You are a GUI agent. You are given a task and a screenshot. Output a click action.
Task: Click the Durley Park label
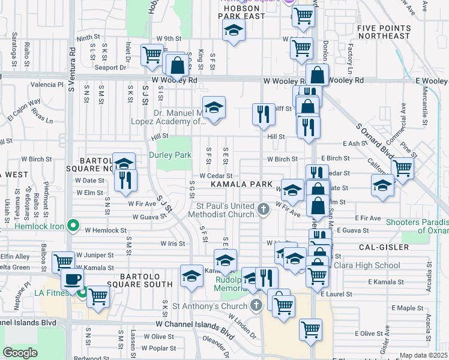point(170,155)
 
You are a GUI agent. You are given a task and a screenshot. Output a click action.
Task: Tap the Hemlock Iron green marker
point(73,226)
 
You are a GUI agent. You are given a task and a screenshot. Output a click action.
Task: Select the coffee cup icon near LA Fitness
point(72,279)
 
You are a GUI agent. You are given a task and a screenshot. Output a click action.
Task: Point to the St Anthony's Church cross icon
point(256,304)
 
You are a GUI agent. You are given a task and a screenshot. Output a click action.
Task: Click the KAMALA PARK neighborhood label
point(241,184)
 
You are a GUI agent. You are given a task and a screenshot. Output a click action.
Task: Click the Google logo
point(20,353)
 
